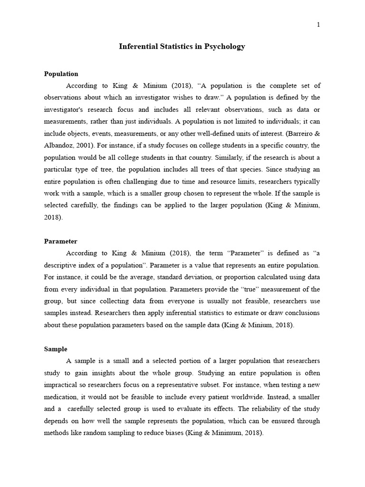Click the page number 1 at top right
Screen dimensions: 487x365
318,25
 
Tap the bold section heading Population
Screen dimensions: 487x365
61,74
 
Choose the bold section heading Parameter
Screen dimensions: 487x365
60,241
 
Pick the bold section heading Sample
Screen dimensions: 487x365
56,349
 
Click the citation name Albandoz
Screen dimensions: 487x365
58,146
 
